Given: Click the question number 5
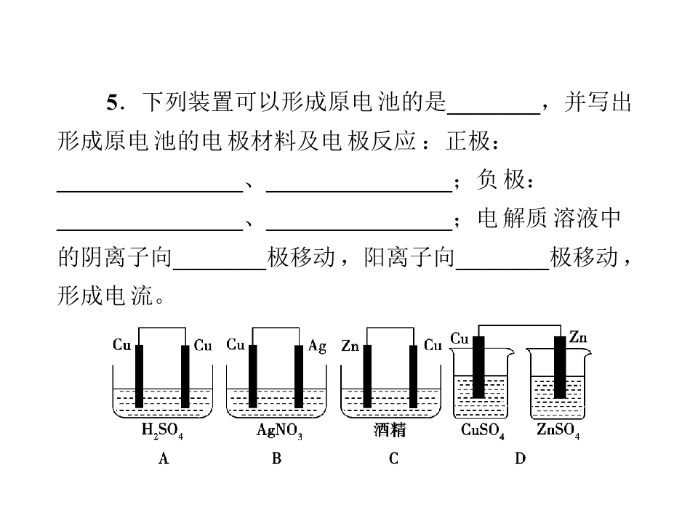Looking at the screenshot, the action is [112, 102].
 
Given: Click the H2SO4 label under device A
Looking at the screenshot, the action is [162, 431].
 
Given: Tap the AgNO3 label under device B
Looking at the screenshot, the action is [279, 431].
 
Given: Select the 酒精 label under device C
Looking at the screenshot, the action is [390, 430].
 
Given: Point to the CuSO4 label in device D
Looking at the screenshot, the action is [483, 431].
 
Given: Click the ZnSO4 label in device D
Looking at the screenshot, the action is [558, 430].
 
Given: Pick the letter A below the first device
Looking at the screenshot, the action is [164, 458].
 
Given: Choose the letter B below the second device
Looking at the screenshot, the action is [276, 458].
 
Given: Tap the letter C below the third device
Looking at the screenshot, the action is [393, 458].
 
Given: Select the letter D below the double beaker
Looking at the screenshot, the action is [520, 458].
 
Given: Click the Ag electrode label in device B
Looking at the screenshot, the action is [317, 346].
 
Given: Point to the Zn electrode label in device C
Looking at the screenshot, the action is [350, 346].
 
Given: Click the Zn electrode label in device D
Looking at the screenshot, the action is [578, 337].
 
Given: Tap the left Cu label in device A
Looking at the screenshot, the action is [121, 344].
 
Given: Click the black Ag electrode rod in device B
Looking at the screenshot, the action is [299, 376].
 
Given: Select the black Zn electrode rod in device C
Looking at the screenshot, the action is [367, 376].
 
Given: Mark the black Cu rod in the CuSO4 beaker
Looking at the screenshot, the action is [478, 367].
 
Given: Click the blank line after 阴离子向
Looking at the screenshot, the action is [220, 269].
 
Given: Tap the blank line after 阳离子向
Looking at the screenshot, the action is [502, 269].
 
